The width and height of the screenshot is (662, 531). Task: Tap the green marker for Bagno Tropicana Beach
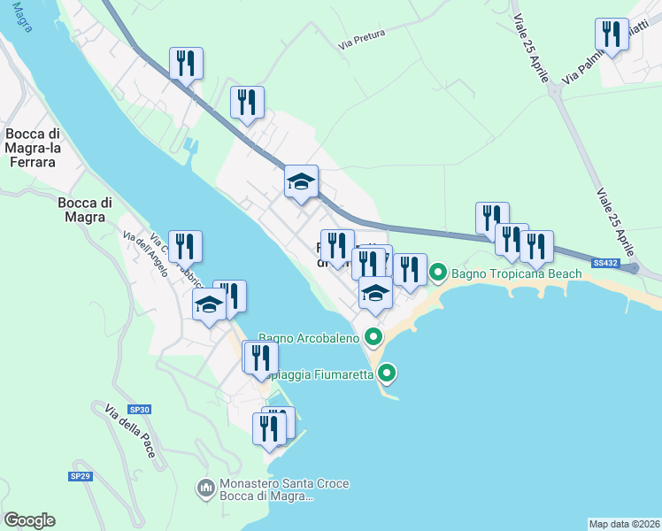pos(437,273)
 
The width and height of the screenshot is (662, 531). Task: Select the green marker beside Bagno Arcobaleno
pos(373,336)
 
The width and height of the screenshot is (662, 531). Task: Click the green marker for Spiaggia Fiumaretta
pos(387,373)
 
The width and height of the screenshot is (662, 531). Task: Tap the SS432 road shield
pos(605,263)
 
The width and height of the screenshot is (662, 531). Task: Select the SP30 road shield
pos(140,410)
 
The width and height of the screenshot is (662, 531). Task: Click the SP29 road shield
pos(81,476)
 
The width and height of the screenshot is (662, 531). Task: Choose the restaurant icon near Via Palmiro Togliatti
pos(611,35)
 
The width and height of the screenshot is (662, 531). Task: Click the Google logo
pos(29,520)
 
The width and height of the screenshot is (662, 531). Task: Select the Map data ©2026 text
pos(624,524)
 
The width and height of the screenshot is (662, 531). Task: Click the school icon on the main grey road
pos(301,181)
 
